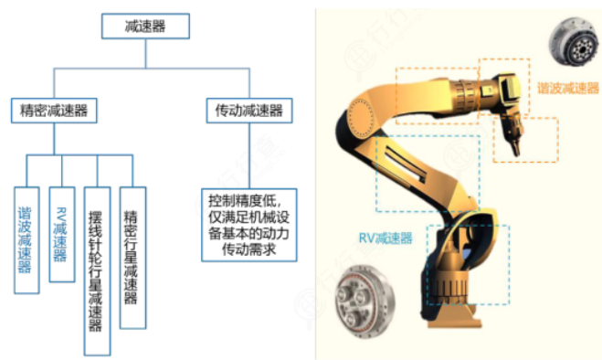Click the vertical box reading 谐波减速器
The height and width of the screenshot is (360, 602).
pyautogui.click(x=27, y=240)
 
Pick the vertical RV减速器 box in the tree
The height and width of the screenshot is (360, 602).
pyautogui.click(x=62, y=234)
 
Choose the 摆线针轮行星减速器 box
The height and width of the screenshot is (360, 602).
pyautogui.click(x=97, y=270)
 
